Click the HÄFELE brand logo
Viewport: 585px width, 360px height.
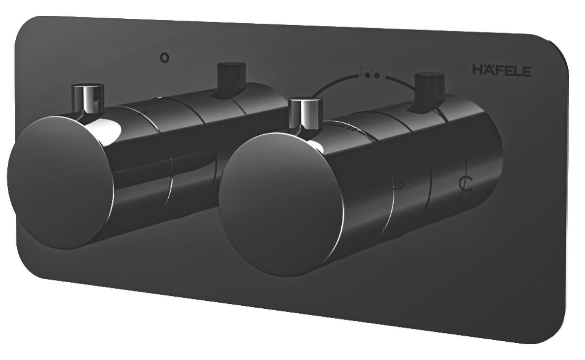click(x=502, y=70)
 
